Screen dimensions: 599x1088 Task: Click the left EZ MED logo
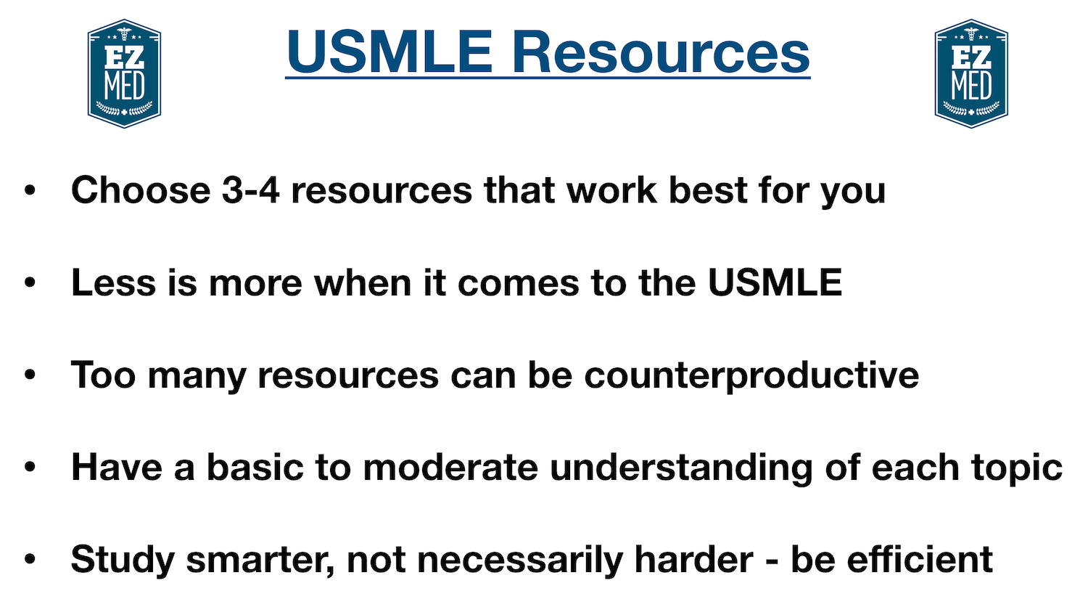coord(124,73)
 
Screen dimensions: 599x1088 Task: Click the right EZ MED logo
coord(971,73)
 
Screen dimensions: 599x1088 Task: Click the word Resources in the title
coord(661,52)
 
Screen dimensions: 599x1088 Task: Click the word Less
coord(113,282)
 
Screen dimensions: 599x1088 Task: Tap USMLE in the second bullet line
coord(774,282)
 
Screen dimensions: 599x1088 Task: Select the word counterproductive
coord(751,375)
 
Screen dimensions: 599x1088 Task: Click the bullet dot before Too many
coord(30,375)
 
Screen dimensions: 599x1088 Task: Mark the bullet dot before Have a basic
coord(30,468)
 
